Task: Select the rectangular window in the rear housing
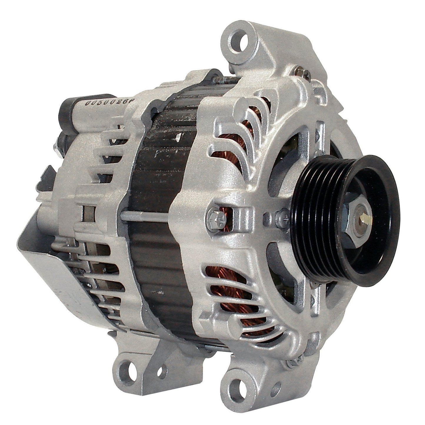click(x=88, y=213)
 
